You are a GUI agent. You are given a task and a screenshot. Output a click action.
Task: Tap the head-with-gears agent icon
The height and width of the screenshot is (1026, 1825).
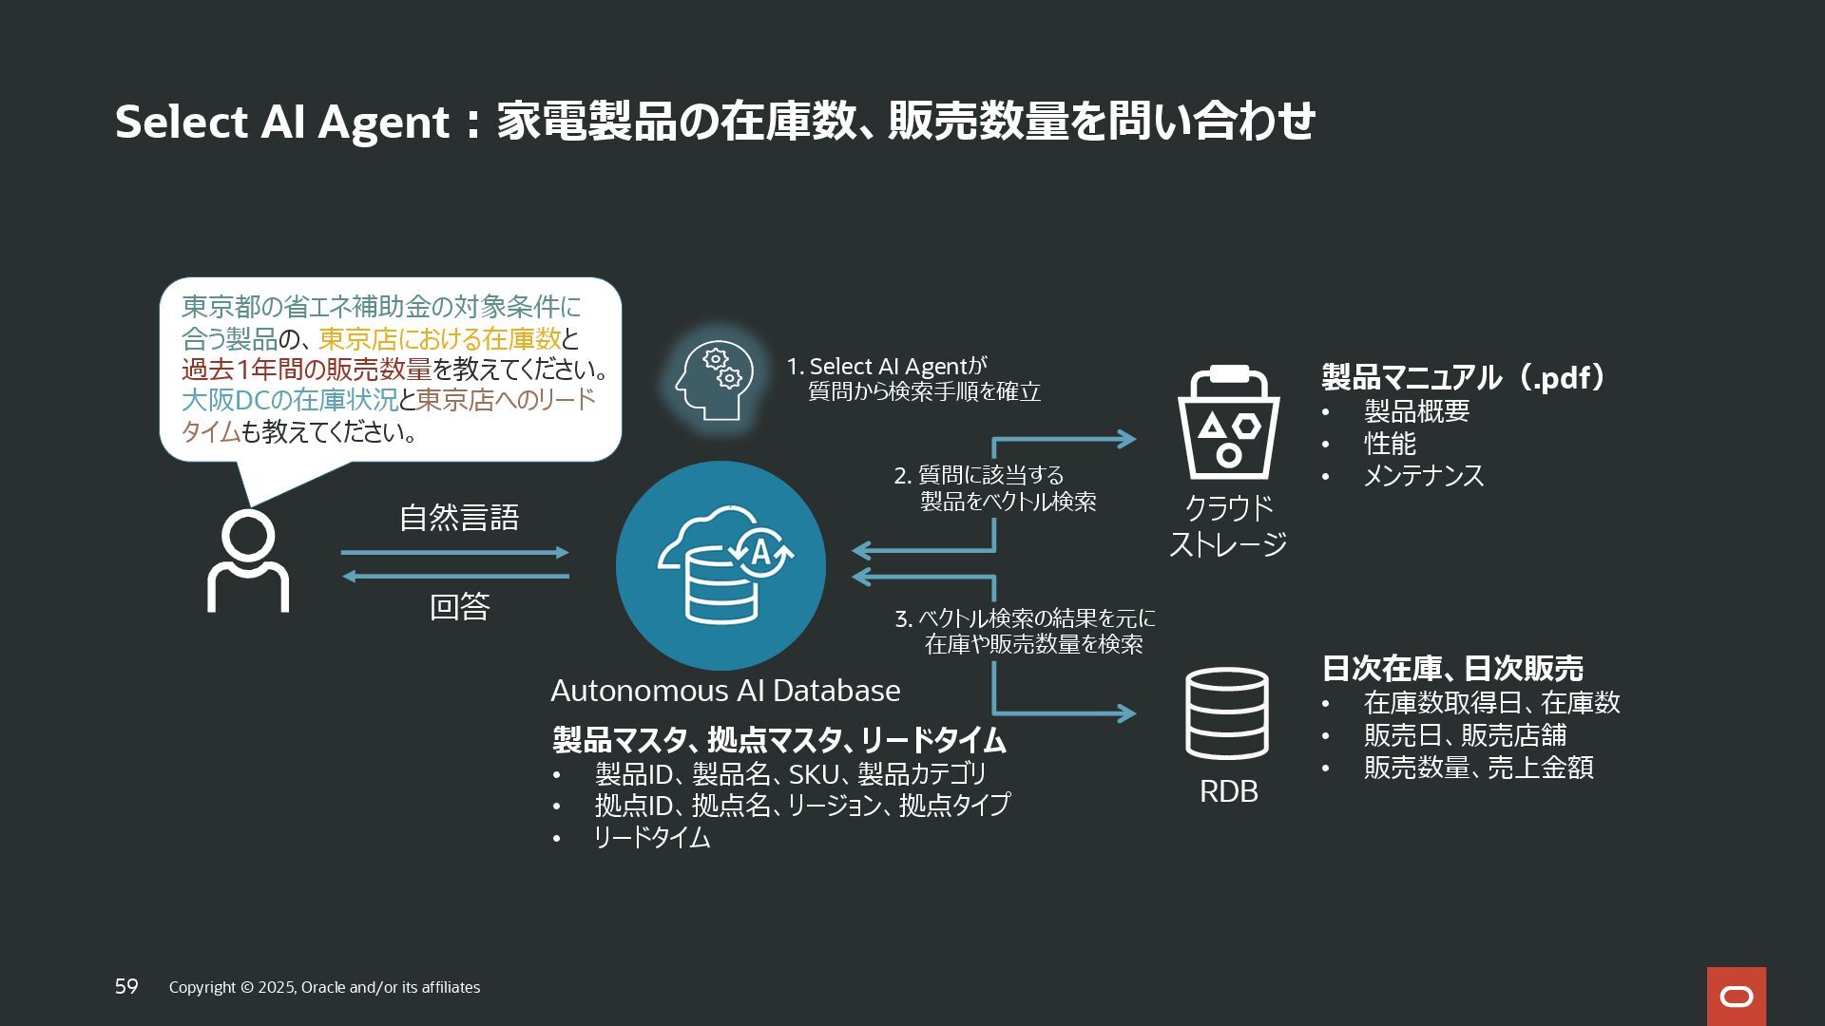pyautogui.click(x=715, y=380)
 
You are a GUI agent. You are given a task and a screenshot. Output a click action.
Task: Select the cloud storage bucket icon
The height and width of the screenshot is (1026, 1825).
pyautogui.click(x=1228, y=423)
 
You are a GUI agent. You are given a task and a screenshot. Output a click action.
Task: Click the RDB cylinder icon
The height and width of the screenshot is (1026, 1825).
pyautogui.click(x=1227, y=713)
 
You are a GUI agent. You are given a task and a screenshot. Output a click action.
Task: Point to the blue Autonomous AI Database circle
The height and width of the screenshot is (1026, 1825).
pyautogui.click(x=720, y=565)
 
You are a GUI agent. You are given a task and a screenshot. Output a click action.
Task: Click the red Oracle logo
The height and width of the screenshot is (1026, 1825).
pyautogui.click(x=1736, y=997)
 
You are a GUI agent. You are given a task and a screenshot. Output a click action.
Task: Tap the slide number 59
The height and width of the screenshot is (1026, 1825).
pyautogui.click(x=126, y=987)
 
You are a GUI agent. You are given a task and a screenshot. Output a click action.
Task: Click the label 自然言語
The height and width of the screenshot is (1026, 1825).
pyautogui.click(x=459, y=518)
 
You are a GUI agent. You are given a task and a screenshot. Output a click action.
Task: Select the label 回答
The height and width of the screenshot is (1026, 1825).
pyautogui.click(x=459, y=606)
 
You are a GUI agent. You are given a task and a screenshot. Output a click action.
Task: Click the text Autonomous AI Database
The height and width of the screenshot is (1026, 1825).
pyautogui.click(x=725, y=691)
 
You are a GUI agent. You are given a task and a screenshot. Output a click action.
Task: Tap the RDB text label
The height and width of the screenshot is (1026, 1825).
pyautogui.click(x=1228, y=791)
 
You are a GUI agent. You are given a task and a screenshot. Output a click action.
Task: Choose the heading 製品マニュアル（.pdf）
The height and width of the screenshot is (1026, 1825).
pyautogui.click(x=1464, y=377)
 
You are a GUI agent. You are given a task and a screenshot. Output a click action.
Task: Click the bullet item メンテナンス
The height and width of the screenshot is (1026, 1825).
pyautogui.click(x=1423, y=475)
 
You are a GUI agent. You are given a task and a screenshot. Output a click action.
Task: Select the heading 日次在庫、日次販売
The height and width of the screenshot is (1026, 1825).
pyautogui.click(x=1452, y=669)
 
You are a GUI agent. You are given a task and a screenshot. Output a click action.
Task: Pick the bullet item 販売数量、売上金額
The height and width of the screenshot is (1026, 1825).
pyautogui.click(x=1478, y=768)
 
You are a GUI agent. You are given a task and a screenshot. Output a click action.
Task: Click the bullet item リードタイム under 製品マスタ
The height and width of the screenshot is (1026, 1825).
pyautogui.click(x=652, y=838)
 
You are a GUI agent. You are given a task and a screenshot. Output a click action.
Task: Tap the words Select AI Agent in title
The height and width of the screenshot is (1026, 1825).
pyautogui.click(x=281, y=122)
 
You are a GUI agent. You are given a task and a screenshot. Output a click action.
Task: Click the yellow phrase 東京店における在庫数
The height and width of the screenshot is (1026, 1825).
pyautogui.click(x=439, y=338)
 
